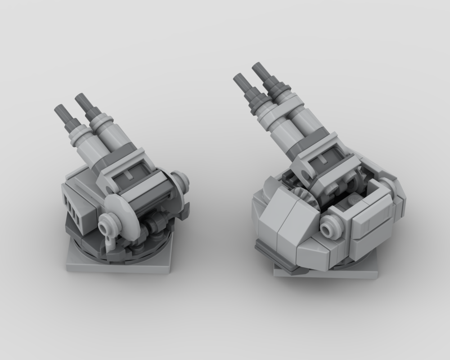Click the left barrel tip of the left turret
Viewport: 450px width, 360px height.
pyautogui.click(x=60, y=110)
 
